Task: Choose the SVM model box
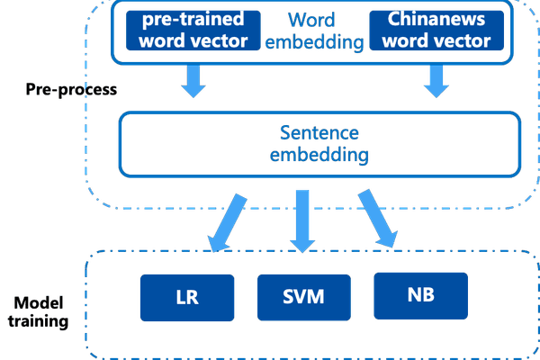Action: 302,294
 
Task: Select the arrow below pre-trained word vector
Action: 193,81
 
